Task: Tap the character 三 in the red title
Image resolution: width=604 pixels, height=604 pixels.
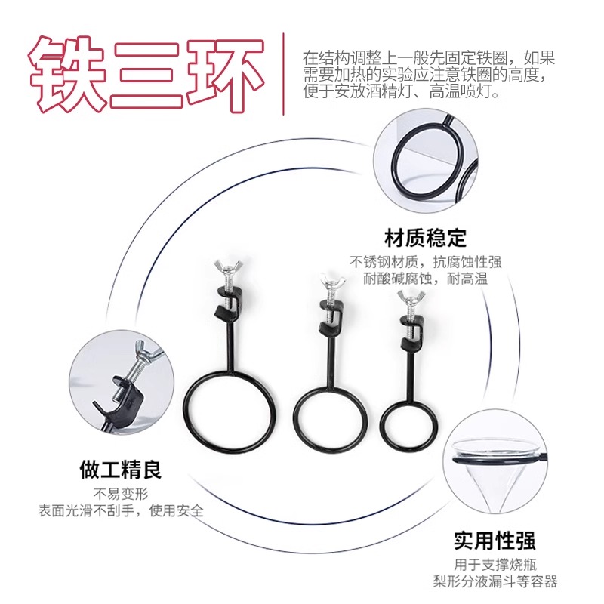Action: click(146, 74)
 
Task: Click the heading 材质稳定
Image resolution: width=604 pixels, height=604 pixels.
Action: click(425, 238)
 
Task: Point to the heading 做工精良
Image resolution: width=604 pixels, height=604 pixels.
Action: click(121, 470)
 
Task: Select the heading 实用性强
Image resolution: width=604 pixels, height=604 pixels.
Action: click(495, 541)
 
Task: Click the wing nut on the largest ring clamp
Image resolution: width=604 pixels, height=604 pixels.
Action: click(228, 266)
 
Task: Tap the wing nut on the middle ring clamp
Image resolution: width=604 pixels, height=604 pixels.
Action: click(331, 280)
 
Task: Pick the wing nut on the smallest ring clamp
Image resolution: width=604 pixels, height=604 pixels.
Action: click(411, 297)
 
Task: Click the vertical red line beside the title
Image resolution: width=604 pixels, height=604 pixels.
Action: click(284, 73)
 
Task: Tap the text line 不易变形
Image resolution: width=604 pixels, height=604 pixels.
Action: click(121, 494)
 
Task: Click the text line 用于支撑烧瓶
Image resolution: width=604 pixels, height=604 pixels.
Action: click(495, 565)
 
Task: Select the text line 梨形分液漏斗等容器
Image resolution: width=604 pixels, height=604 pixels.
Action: click(495, 581)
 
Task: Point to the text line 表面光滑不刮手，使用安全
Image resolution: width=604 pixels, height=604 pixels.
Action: click(121, 511)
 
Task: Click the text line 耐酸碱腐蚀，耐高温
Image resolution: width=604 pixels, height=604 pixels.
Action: click(426, 278)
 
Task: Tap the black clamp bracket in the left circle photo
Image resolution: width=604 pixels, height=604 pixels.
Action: click(119, 402)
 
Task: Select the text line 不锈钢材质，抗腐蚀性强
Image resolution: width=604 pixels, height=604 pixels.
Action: click(426, 262)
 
